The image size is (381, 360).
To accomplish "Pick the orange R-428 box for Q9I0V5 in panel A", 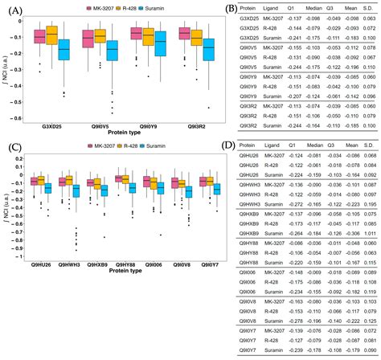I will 100,36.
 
